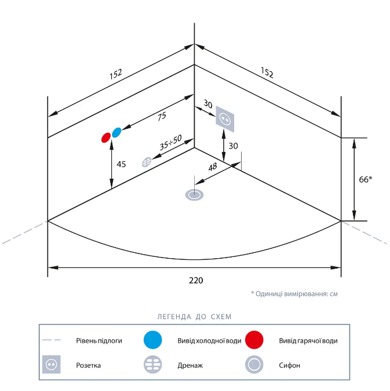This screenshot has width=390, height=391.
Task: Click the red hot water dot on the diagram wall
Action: [x=105, y=137]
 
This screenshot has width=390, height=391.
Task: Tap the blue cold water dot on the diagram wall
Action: [x=116, y=132]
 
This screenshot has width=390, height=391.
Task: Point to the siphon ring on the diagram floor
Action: [x=194, y=195]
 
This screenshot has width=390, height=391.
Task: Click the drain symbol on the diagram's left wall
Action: [x=147, y=162]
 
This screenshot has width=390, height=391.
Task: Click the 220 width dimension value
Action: [x=196, y=280]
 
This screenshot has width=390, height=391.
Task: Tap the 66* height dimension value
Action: [x=365, y=179]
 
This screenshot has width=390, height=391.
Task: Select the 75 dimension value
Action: [x=161, y=117]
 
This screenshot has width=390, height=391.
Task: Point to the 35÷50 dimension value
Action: [x=170, y=142]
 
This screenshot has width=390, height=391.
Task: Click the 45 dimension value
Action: [x=121, y=164]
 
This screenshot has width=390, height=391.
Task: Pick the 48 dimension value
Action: [x=213, y=166]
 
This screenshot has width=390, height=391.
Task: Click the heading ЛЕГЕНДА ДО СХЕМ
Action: [x=194, y=317]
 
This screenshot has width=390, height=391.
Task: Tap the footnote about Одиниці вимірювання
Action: [x=294, y=294]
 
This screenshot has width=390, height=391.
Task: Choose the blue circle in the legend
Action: [x=153, y=341]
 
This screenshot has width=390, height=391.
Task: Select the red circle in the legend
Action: [x=254, y=341]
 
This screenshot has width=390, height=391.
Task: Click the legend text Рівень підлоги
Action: [x=99, y=341]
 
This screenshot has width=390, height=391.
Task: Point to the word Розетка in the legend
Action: [x=89, y=365]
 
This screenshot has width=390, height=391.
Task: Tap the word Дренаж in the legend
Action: [x=189, y=366]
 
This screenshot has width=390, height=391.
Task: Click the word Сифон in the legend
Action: [x=289, y=365]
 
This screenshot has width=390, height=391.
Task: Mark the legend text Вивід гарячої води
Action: [x=308, y=341]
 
